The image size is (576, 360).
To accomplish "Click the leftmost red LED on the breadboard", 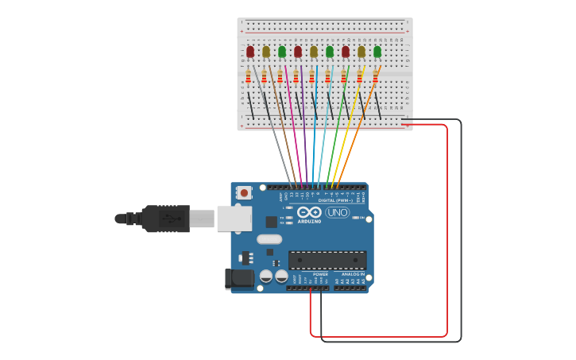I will (250, 52).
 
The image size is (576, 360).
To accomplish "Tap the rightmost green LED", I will (377, 52).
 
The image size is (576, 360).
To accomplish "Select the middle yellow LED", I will (314, 52).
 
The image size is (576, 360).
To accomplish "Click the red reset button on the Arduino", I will (245, 192).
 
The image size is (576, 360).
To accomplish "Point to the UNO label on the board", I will (337, 212).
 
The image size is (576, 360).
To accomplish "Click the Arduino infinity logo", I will (310, 212).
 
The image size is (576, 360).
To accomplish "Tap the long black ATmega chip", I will (327, 260).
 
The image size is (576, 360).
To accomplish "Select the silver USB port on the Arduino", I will (234, 219).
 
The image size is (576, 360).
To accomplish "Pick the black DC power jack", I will (239, 278).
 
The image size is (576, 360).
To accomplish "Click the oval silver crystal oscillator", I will (269, 239).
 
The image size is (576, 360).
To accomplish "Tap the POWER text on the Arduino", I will (320, 274).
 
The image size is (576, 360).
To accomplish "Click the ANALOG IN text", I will (353, 274).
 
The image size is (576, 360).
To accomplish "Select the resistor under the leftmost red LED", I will (249, 77).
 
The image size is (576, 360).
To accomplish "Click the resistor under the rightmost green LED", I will (376, 77).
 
